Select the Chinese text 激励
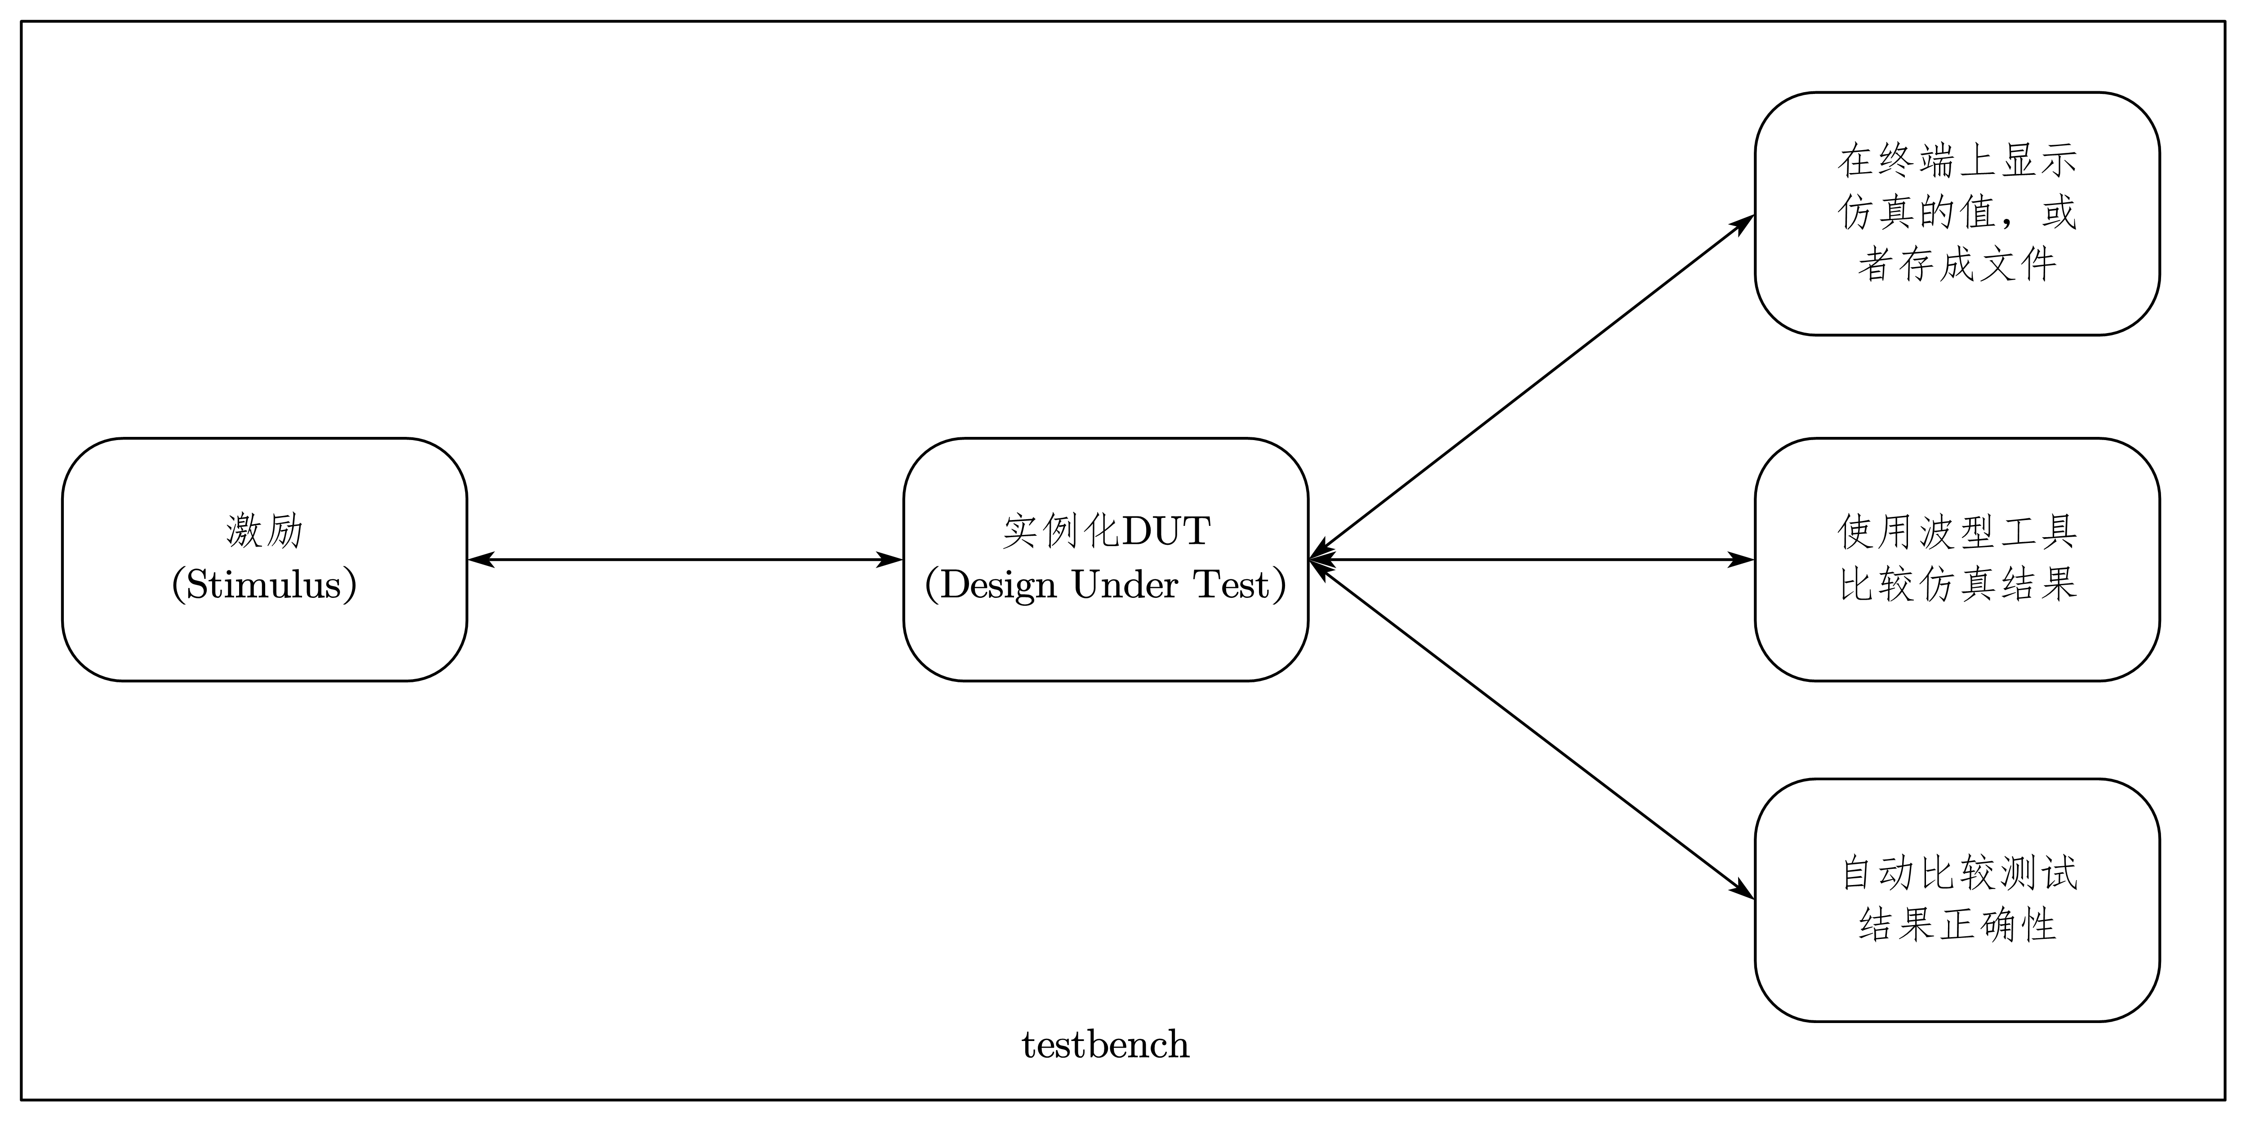pyautogui.click(x=264, y=531)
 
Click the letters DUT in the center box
pyautogui.click(x=1166, y=531)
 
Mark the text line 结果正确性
pyautogui.click(x=1957, y=924)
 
